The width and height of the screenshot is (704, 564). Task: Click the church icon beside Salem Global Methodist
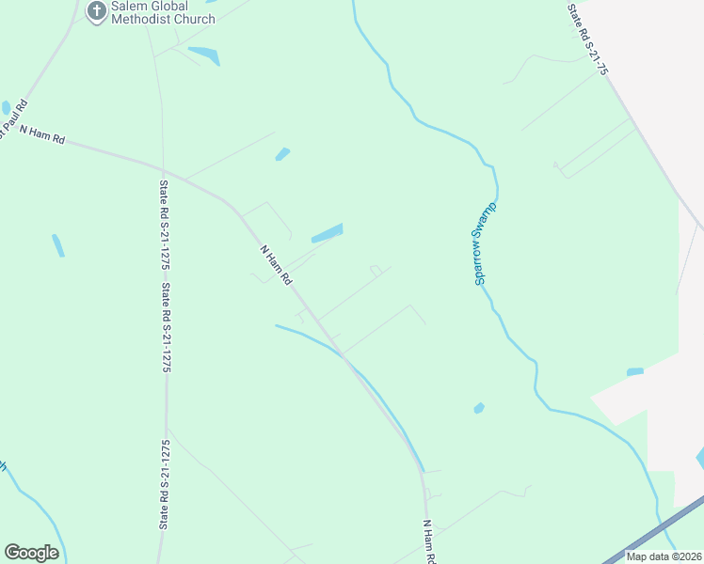pyautogui.click(x=95, y=11)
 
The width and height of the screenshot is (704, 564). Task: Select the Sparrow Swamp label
pyautogui.click(x=485, y=243)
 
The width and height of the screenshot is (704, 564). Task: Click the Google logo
pyautogui.click(x=31, y=552)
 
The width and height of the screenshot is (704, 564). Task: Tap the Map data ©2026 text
pyautogui.click(x=664, y=556)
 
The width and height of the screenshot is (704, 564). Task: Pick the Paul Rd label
pyautogui.click(x=14, y=115)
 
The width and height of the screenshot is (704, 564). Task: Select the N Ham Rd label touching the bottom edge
pyautogui.click(x=429, y=542)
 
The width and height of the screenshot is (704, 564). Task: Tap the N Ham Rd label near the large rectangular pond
pyautogui.click(x=276, y=266)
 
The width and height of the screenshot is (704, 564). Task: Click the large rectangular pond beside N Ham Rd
pyautogui.click(x=326, y=232)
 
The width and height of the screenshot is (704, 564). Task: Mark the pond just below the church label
pyautogui.click(x=204, y=55)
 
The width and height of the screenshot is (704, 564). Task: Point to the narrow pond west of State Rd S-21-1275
pyautogui.click(x=58, y=245)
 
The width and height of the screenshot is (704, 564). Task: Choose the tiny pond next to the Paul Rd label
pyautogui.click(x=7, y=107)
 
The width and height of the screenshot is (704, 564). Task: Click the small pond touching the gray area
pyautogui.click(x=635, y=371)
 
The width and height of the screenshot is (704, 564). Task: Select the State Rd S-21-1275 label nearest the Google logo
pyautogui.click(x=166, y=484)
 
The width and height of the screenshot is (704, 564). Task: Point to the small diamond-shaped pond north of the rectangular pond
pyautogui.click(x=282, y=153)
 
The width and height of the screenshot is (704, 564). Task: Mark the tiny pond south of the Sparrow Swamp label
pyautogui.click(x=479, y=408)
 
